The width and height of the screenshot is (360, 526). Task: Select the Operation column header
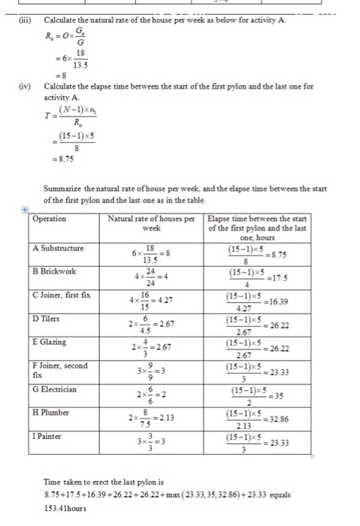click(x=50, y=219)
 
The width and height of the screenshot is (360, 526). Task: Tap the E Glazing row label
click(x=51, y=342)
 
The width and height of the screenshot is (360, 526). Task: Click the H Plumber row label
click(x=52, y=413)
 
